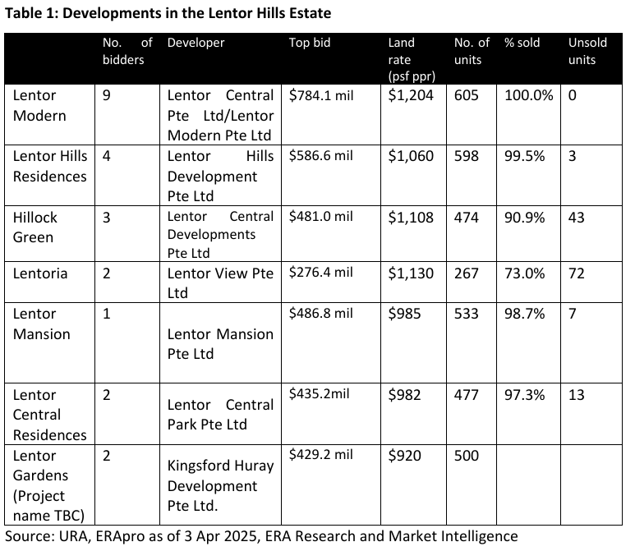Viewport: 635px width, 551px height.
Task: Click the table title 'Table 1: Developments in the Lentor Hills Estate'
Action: coord(170,14)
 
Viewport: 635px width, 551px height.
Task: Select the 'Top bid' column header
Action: coord(310,43)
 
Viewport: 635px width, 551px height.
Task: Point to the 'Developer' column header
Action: coord(196,43)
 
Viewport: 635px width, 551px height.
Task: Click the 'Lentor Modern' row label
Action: coord(39,105)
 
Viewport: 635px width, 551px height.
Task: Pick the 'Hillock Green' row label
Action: coord(35,227)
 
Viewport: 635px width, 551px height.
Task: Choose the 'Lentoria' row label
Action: coord(39,273)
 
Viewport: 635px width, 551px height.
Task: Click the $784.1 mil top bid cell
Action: coord(321,95)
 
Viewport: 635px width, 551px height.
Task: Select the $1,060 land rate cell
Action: coord(411,156)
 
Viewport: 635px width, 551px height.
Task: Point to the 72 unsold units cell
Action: coord(576,273)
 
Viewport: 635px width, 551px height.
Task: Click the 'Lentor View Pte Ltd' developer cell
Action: coord(220,283)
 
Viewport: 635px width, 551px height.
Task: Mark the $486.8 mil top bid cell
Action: coord(321,314)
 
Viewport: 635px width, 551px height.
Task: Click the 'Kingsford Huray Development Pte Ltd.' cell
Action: coord(220,485)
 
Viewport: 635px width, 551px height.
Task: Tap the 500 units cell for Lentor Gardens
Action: coord(466,456)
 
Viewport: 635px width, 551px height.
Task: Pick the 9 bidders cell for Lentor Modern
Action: coord(107,95)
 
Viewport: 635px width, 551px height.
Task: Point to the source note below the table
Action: coord(261,536)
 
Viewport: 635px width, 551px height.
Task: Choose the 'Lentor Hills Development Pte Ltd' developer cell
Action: coord(220,176)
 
